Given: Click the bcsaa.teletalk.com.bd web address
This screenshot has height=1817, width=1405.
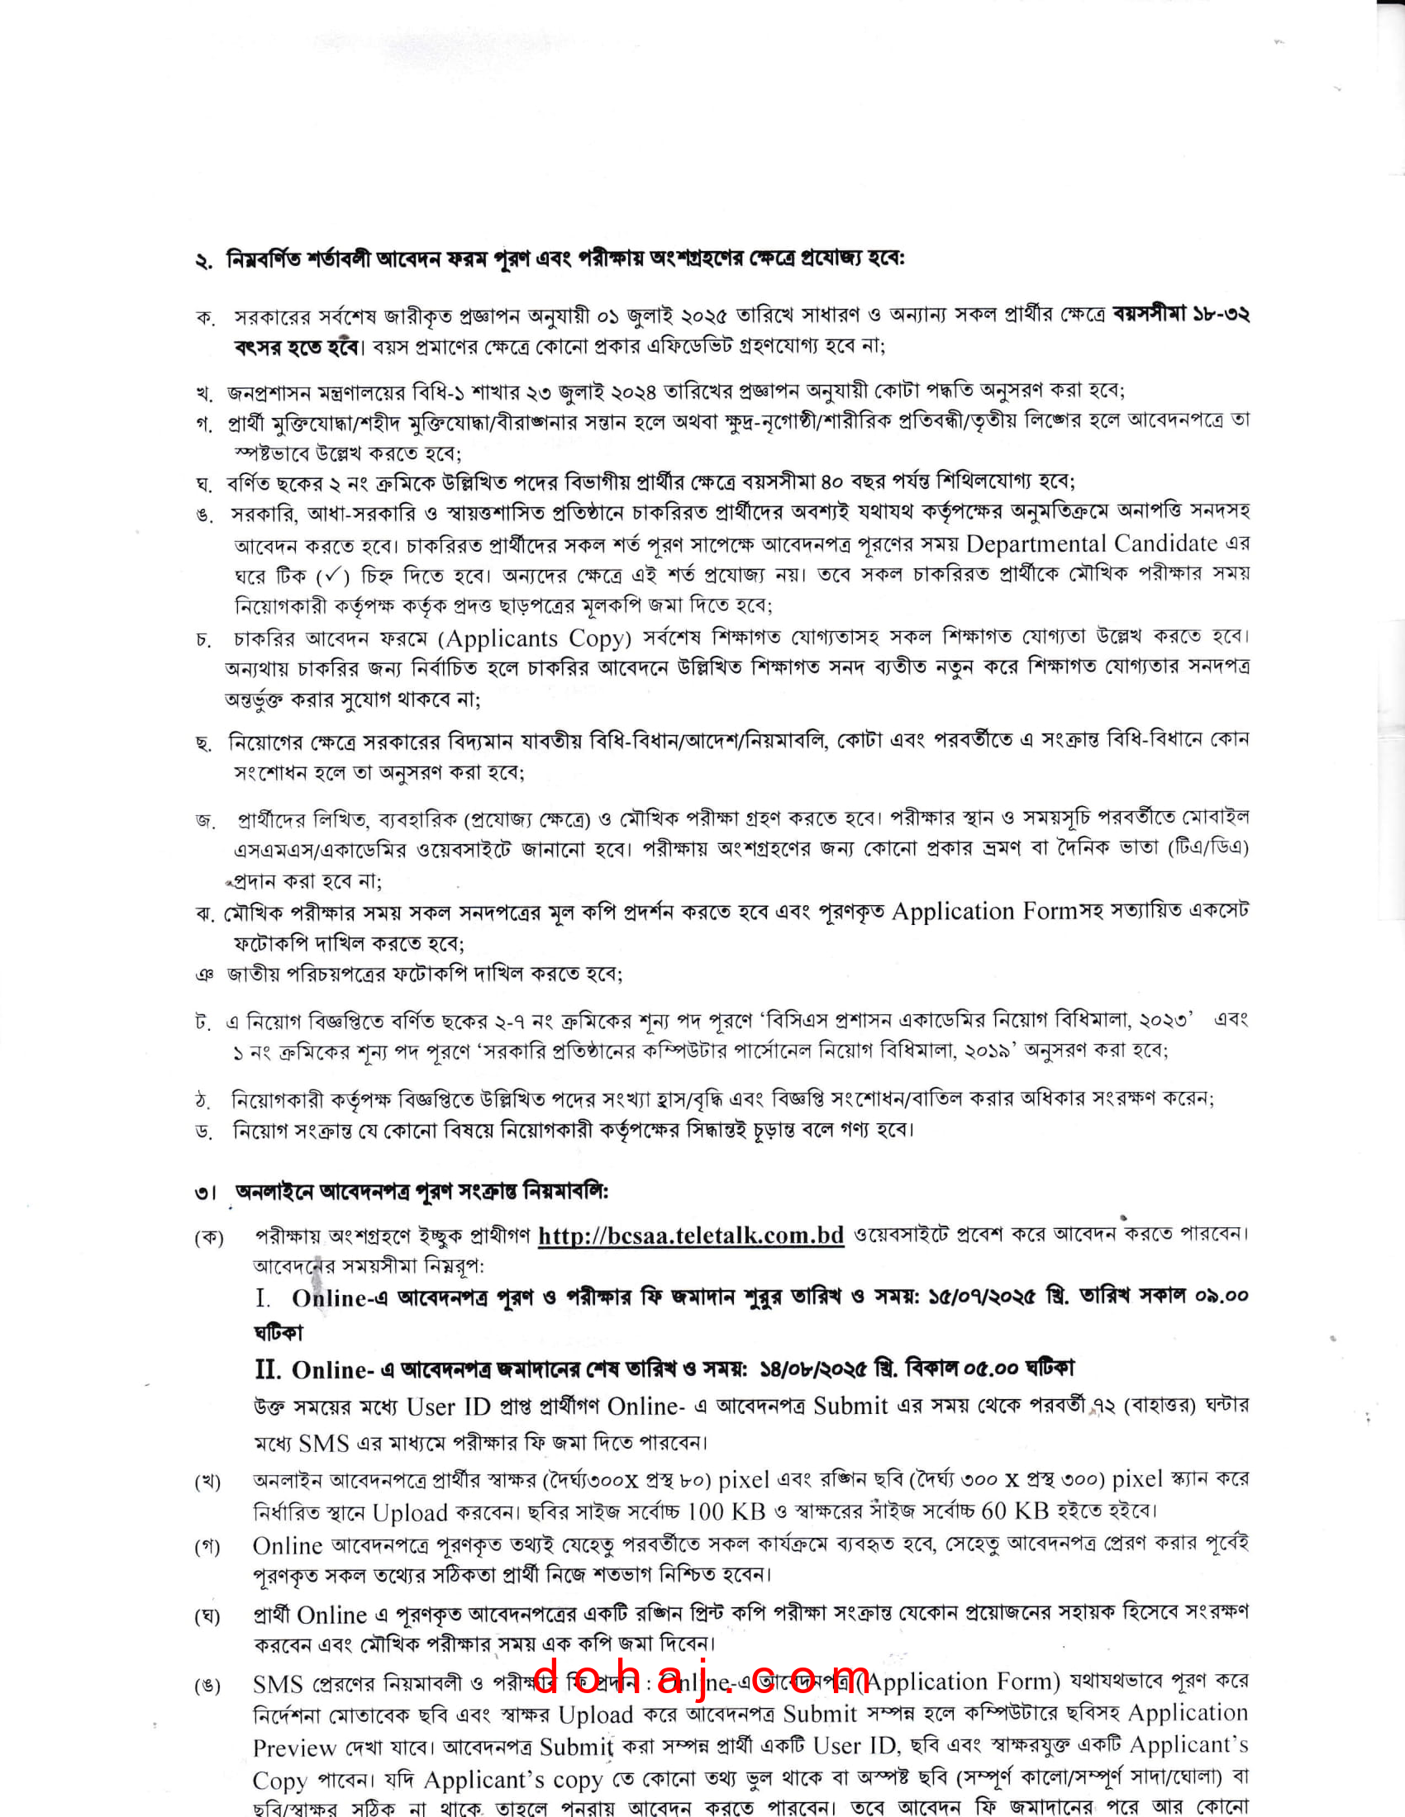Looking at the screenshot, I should [691, 1236].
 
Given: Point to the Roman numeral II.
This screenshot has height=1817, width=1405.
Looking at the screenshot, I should [267, 1369].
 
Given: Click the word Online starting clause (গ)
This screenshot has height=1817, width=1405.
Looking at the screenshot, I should [287, 1546].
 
